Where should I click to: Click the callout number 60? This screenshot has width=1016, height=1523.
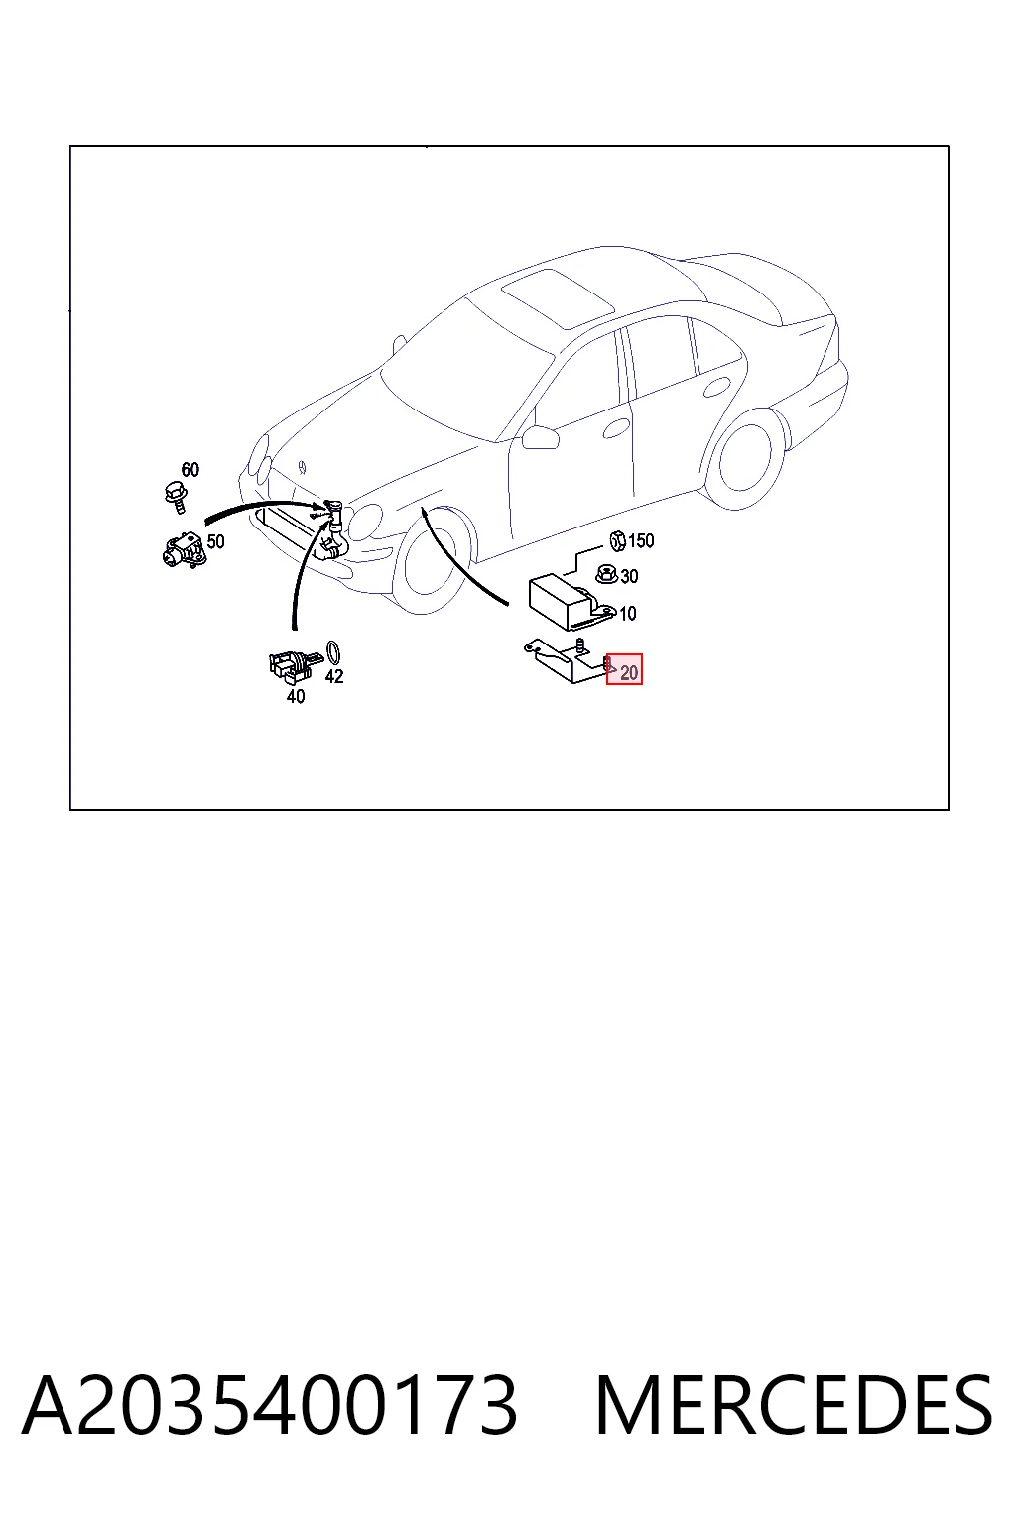pyautogui.click(x=190, y=469)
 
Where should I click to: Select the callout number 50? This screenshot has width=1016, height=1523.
pyautogui.click(x=215, y=542)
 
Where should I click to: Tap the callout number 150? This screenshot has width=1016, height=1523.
pyautogui.click(x=641, y=541)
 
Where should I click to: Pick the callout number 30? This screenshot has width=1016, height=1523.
pyautogui.click(x=629, y=576)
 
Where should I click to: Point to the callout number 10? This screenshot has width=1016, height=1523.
pyautogui.click(x=627, y=614)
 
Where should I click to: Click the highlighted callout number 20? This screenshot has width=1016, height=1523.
pyautogui.click(x=629, y=673)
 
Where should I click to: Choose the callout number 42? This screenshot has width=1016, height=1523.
pyautogui.click(x=334, y=676)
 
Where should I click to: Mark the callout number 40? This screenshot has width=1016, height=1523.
pyautogui.click(x=296, y=696)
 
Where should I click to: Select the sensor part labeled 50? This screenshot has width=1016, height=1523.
pyautogui.click(x=183, y=549)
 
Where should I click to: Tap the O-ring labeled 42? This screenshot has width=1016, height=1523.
pyautogui.click(x=333, y=652)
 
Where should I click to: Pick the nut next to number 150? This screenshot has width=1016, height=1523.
pyautogui.click(x=617, y=541)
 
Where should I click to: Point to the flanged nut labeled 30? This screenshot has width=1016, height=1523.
pyautogui.click(x=606, y=574)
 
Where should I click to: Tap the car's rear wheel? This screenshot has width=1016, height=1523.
pyautogui.click(x=746, y=457)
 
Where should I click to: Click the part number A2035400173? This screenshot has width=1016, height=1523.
pyautogui.click(x=270, y=1406)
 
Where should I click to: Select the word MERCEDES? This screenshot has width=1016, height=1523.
pyautogui.click(x=794, y=1406)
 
